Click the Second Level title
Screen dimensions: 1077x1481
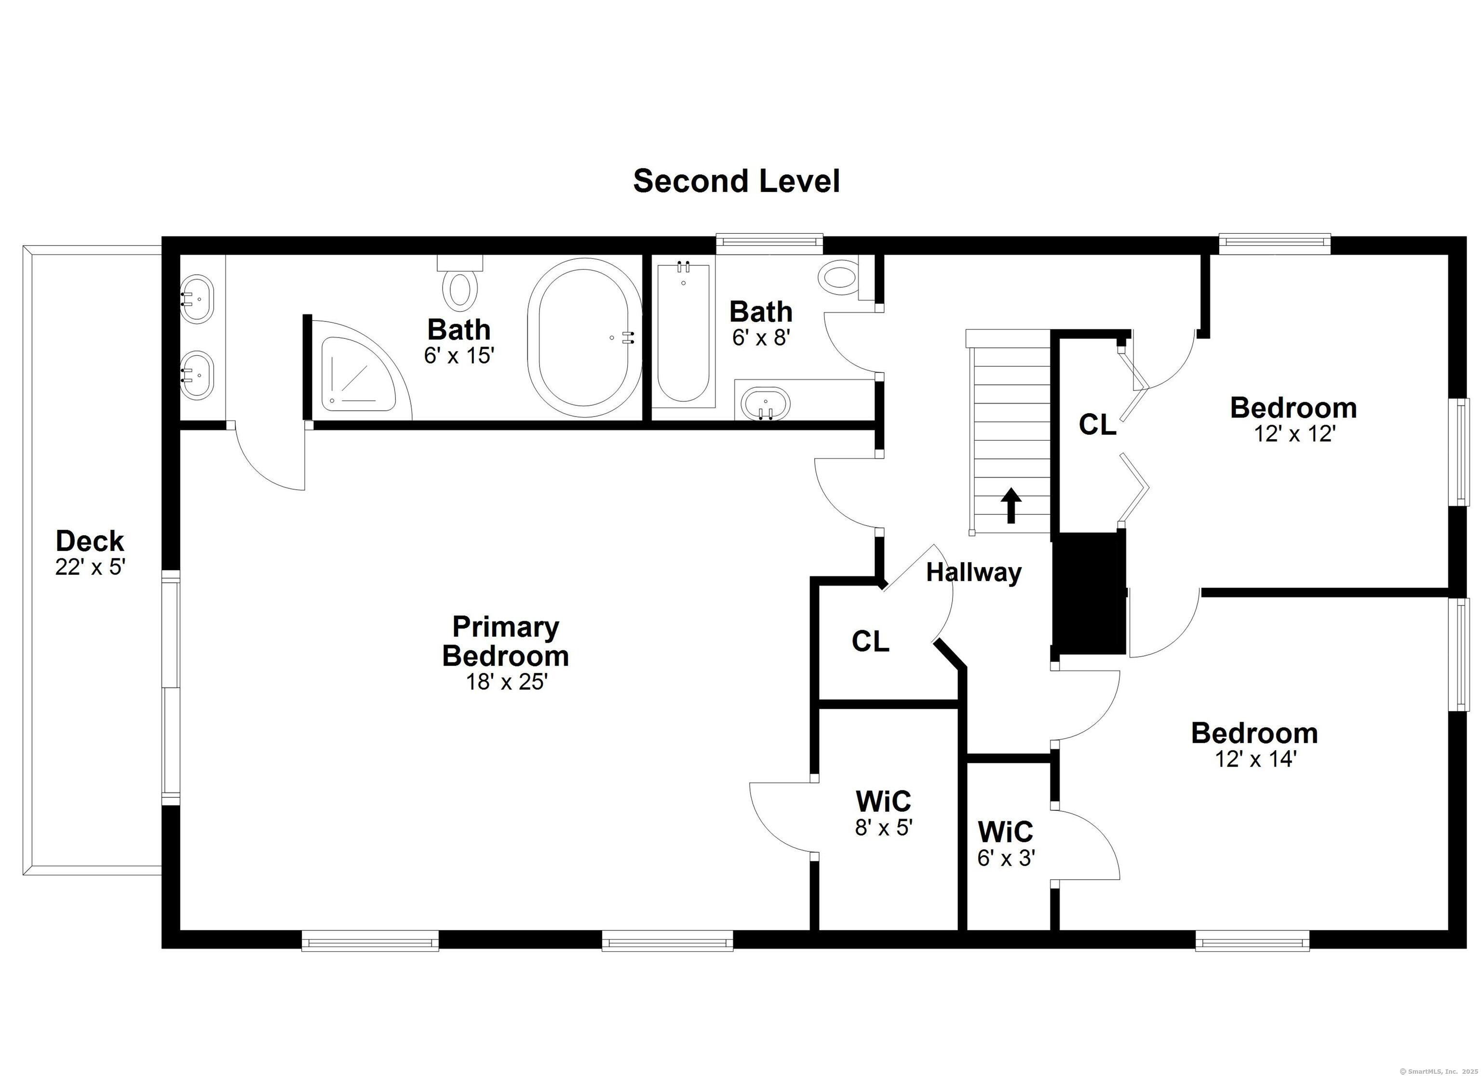pyautogui.click(x=736, y=181)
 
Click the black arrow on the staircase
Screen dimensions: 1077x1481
pyautogui.click(x=1011, y=504)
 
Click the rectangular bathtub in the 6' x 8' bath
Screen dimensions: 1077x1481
pyautogui.click(x=683, y=333)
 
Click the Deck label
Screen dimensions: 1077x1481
pyautogui.click(x=90, y=541)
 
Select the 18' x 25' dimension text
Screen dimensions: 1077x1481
pyautogui.click(x=506, y=682)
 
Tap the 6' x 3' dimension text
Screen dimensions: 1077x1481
pyautogui.click(x=1006, y=858)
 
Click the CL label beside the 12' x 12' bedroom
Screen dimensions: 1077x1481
pyautogui.click(x=1097, y=425)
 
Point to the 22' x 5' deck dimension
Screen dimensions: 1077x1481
pyautogui.click(x=90, y=567)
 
